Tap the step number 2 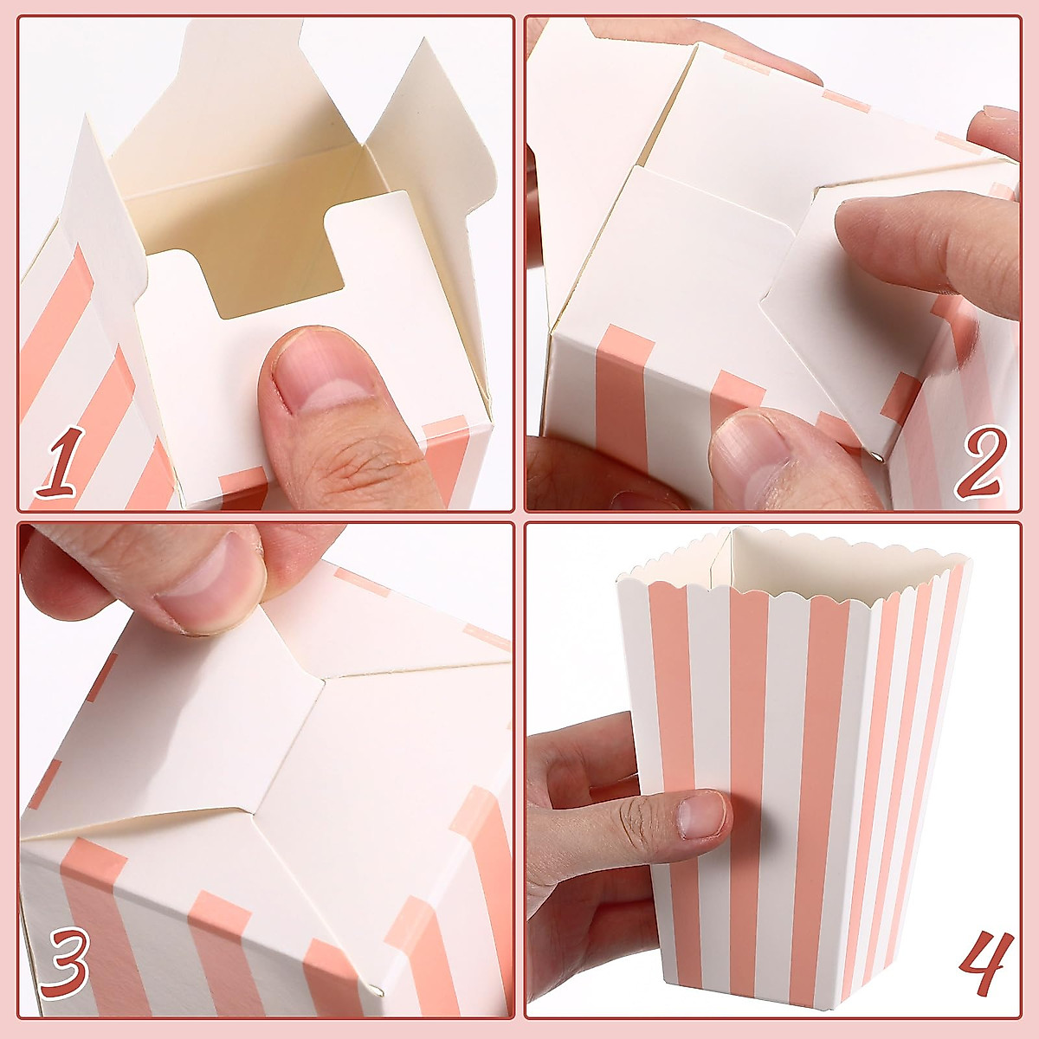point(978,463)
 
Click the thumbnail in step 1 point(320,381)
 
